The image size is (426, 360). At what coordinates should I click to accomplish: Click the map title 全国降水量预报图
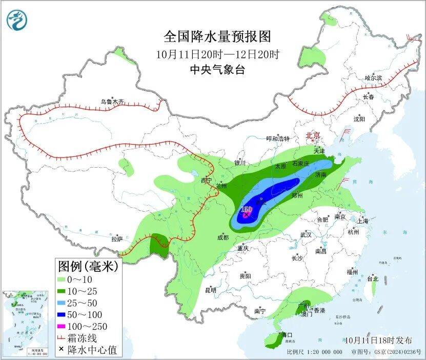coord(217,37)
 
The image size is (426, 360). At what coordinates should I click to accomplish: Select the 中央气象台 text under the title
coord(217,70)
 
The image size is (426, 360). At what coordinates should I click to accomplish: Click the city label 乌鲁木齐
coord(112,102)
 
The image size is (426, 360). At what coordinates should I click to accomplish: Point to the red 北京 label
coord(313,135)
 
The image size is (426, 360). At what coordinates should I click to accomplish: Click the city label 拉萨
coord(117,239)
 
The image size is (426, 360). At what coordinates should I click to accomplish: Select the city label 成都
coord(223,237)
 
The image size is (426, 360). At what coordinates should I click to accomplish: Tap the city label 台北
coord(372,279)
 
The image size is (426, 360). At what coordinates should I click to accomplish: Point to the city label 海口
coord(288,335)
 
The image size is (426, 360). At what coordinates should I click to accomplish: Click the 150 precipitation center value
coord(246,210)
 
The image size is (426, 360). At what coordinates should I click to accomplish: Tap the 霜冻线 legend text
coord(86,338)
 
